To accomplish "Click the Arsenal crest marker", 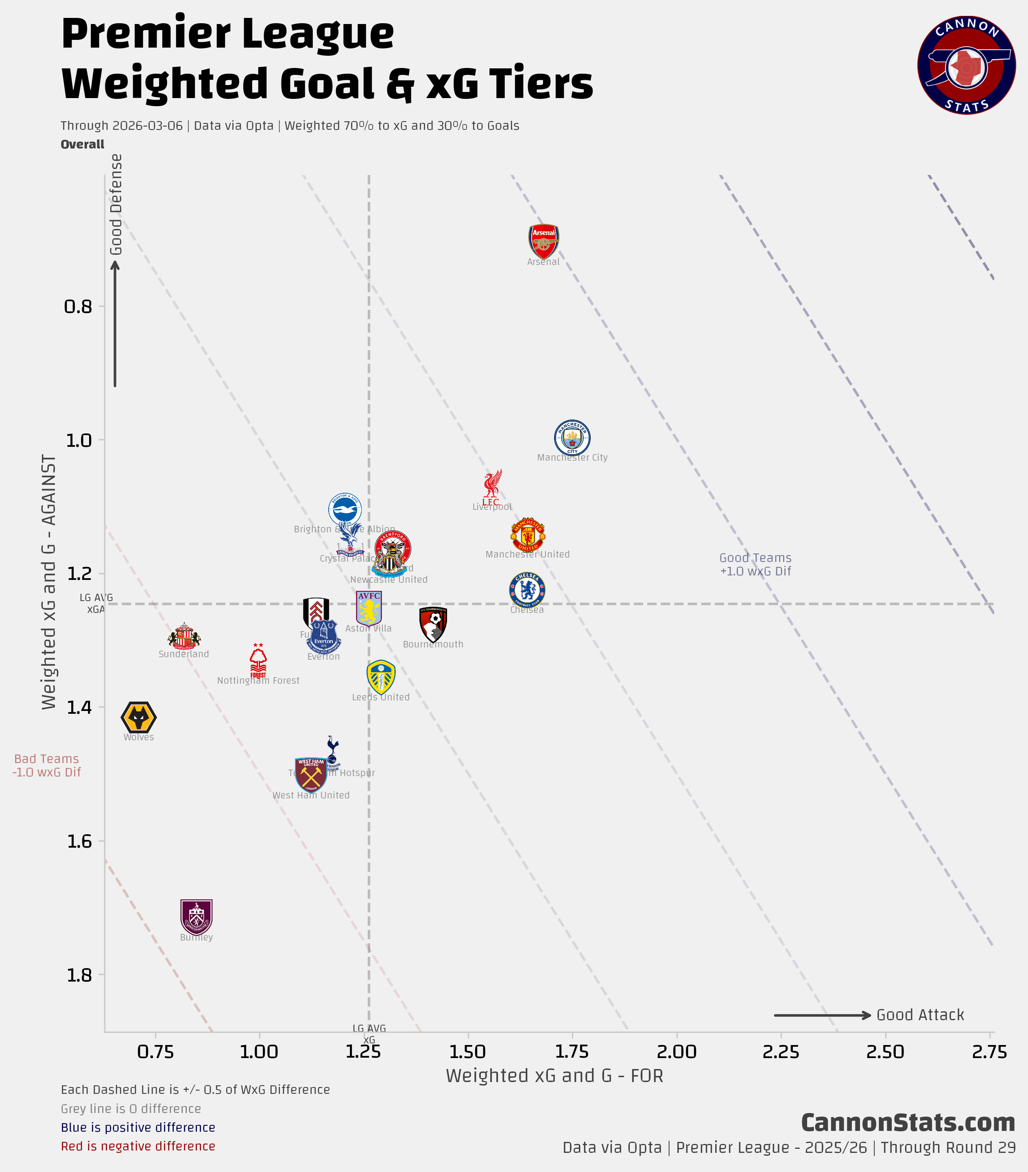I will (543, 241).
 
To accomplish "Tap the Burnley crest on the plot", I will (196, 917).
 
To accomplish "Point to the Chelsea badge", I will (527, 589).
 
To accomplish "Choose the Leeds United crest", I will (381, 677).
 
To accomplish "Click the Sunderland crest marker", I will (184, 636).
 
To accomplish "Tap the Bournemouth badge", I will (433, 624).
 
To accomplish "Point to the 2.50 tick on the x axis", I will (885, 1052).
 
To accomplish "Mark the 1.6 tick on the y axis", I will (79, 841).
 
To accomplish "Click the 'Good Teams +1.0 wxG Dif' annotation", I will (755, 564).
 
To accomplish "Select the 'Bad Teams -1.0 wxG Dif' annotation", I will (46, 765).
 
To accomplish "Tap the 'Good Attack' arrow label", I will (920, 1015).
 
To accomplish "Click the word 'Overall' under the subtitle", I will (83, 144).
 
